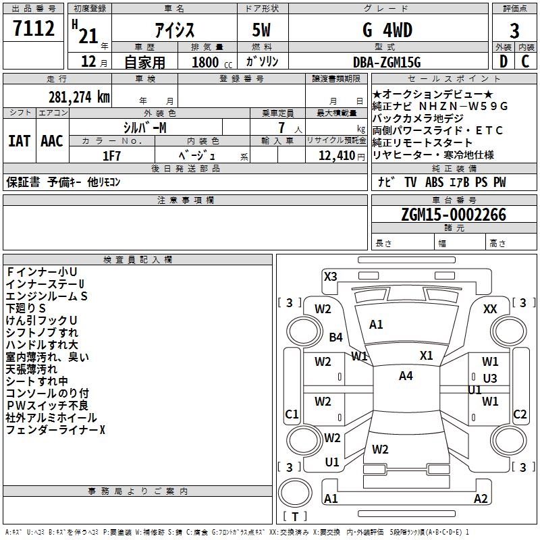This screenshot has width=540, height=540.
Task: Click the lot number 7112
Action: [34, 29]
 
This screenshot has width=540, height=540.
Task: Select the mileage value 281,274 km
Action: [79, 97]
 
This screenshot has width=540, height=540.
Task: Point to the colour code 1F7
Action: [112, 155]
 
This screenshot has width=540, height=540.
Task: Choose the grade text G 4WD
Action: [387, 31]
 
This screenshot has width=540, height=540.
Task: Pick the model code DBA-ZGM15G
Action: [387, 63]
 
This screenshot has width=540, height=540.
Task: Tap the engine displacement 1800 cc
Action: [210, 63]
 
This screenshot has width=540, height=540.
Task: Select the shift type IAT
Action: [19, 141]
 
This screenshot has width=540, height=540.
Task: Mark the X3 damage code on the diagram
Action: [330, 276]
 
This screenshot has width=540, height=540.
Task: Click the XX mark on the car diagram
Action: [491, 308]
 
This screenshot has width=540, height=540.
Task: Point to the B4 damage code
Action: [335, 337]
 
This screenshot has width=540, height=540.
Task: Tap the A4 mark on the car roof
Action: [406, 376]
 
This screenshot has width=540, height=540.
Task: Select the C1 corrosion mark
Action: [292, 414]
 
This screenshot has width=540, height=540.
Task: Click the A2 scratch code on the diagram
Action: [480, 499]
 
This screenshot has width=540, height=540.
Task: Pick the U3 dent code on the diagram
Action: [490, 379]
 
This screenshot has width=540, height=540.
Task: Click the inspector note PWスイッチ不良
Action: [47, 405]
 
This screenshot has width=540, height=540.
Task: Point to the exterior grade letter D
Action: [503, 63]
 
